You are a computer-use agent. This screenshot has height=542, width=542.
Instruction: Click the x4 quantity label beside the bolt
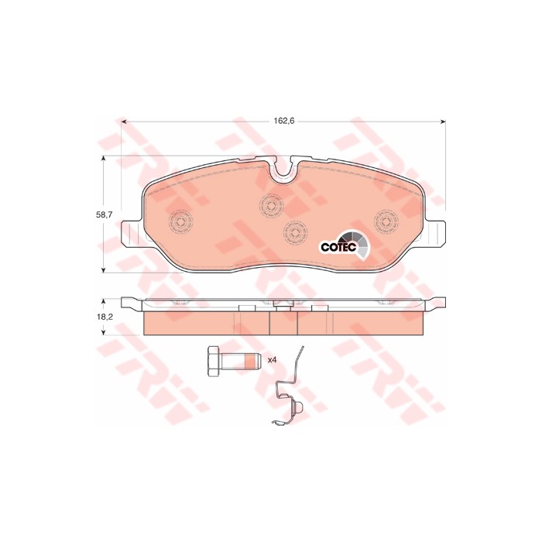273,360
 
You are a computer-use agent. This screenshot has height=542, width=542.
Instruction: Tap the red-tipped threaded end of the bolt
252,362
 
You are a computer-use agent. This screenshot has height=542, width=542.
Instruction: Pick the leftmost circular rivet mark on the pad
180,221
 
